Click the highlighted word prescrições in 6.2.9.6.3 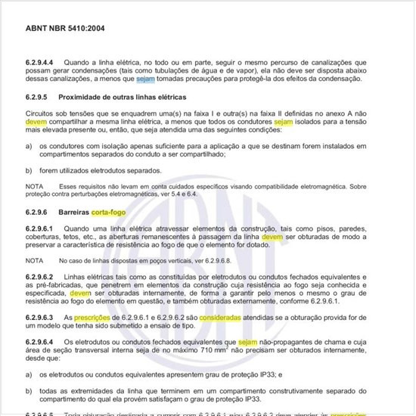point(95,318)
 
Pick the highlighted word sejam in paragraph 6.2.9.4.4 point(146,78)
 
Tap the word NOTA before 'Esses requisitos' point(34,185)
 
